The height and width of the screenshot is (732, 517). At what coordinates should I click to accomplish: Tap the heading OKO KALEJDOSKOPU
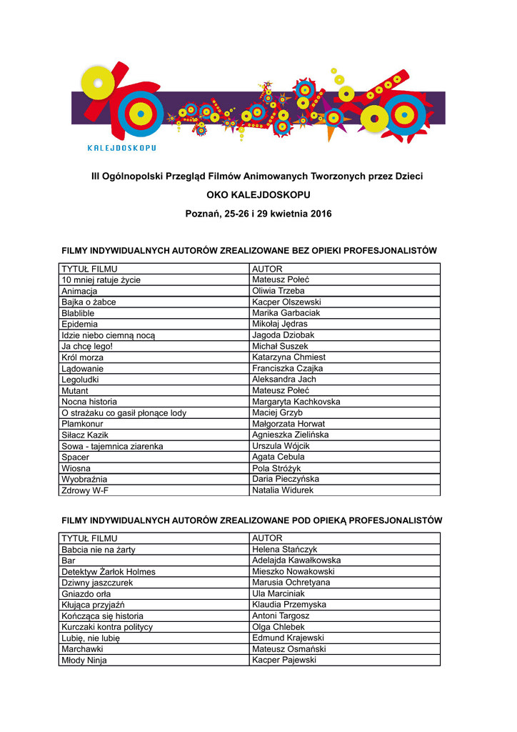pyautogui.click(x=258, y=194)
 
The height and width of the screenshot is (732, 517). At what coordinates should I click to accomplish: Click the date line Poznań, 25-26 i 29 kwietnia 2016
pyautogui.click(x=258, y=214)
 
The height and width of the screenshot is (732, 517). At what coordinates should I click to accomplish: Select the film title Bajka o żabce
pyautogui.click(x=89, y=302)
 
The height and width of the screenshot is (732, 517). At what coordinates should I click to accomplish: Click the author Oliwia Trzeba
pyautogui.click(x=278, y=291)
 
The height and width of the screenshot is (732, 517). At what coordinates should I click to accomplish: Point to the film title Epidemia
pyautogui.click(x=80, y=324)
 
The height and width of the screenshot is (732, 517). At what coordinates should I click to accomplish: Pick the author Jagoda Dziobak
pyautogui.click(x=283, y=335)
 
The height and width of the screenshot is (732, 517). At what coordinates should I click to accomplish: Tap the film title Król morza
pyautogui.click(x=82, y=357)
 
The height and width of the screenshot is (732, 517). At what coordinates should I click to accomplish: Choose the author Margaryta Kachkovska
pyautogui.click(x=296, y=402)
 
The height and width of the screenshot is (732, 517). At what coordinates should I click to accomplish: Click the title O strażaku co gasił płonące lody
pyautogui.click(x=124, y=413)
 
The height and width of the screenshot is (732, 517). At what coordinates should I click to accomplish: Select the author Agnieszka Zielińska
pyautogui.click(x=290, y=435)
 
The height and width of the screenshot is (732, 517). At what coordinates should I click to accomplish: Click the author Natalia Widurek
pyautogui.click(x=283, y=490)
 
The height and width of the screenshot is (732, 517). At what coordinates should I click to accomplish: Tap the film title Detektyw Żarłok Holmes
pyautogui.click(x=109, y=572)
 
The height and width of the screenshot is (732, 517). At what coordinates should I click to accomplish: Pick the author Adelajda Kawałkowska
pyautogui.click(x=296, y=560)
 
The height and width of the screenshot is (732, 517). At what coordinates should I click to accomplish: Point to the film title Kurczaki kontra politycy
pyautogui.click(x=107, y=627)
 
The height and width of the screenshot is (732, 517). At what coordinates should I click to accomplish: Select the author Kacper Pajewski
pyautogui.click(x=284, y=660)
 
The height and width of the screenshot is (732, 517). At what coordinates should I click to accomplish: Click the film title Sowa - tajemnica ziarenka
pyautogui.click(x=112, y=446)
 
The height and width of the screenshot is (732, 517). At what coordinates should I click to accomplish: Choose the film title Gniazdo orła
pyautogui.click(x=86, y=594)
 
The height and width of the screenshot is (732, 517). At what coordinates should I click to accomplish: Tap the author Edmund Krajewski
pyautogui.click(x=288, y=638)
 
